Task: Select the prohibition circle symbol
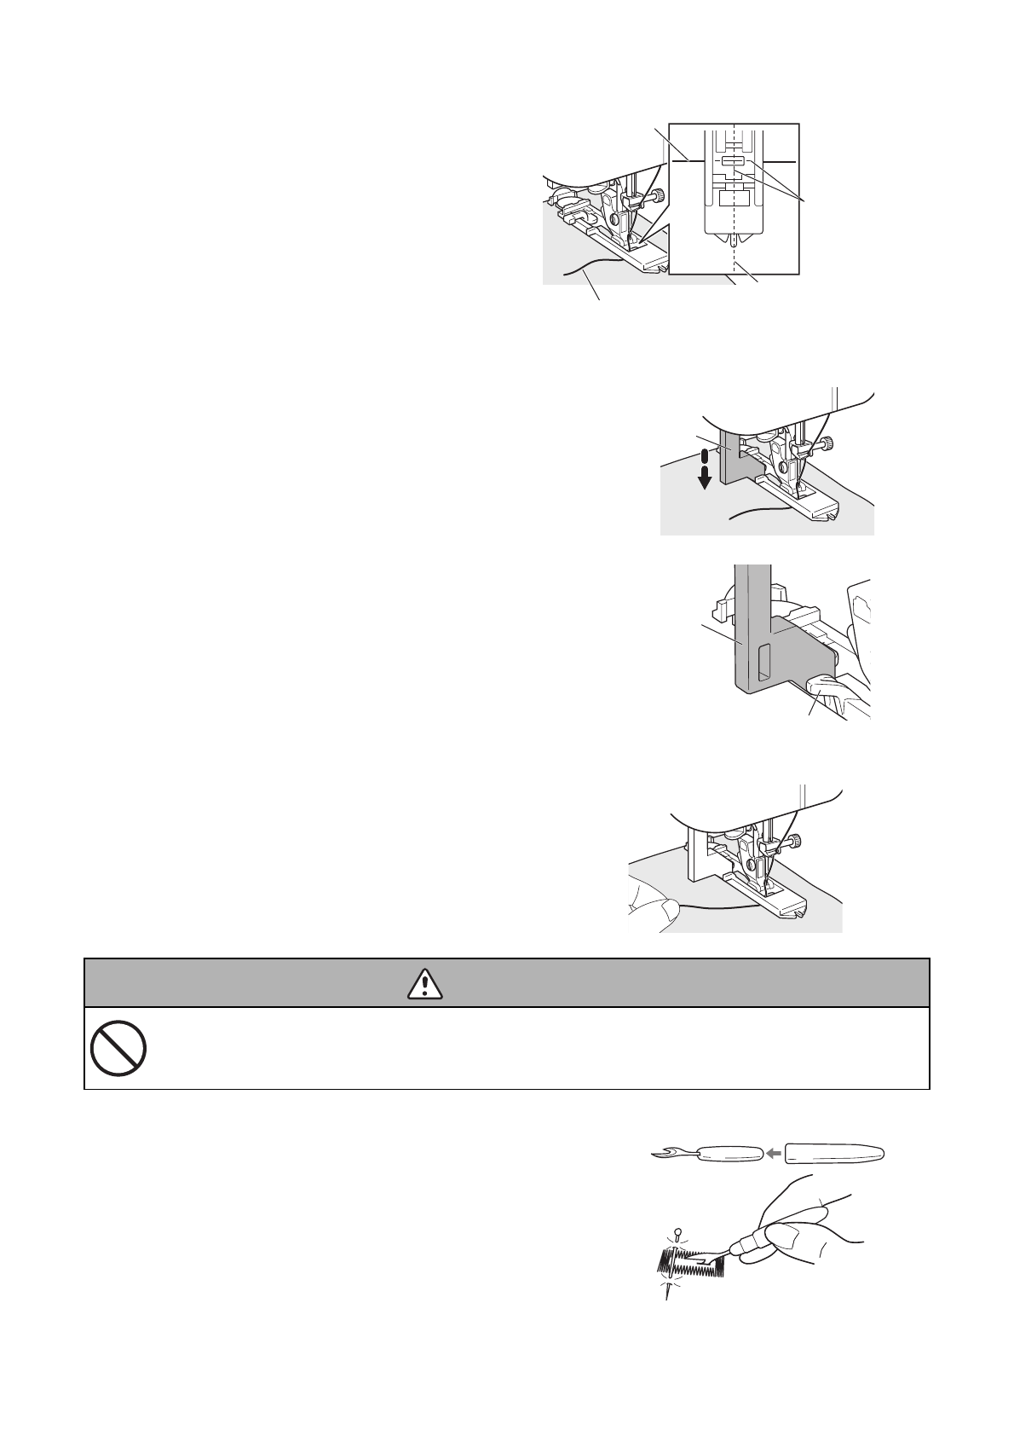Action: click(118, 1048)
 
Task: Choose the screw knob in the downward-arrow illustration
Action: click(828, 443)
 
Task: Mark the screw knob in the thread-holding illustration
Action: click(793, 843)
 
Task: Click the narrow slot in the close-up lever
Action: click(763, 661)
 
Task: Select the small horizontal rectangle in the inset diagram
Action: click(732, 160)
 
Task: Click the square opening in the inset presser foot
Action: click(732, 200)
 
